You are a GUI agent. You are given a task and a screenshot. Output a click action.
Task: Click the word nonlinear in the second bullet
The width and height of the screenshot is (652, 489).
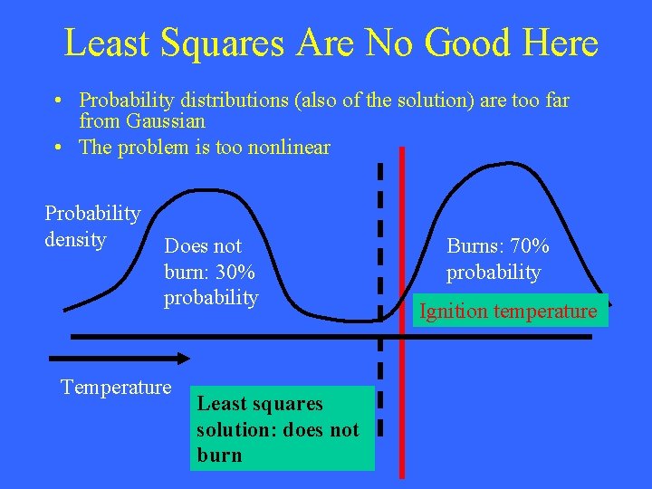coord(285,148)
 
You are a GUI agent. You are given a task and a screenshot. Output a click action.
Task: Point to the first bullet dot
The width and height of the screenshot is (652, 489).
coord(57,101)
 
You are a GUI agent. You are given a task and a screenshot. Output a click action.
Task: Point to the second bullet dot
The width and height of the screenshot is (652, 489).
coord(57,148)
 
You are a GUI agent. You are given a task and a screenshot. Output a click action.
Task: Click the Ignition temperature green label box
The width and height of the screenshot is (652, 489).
coord(507,312)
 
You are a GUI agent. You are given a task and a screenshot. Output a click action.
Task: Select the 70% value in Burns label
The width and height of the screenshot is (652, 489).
coord(526,246)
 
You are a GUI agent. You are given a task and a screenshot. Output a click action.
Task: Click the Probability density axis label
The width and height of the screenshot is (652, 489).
coord(91,226)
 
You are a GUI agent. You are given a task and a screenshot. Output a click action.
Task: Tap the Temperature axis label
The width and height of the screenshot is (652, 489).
coord(115,388)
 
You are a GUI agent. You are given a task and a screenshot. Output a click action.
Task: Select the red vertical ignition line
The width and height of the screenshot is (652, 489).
coord(402,380)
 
